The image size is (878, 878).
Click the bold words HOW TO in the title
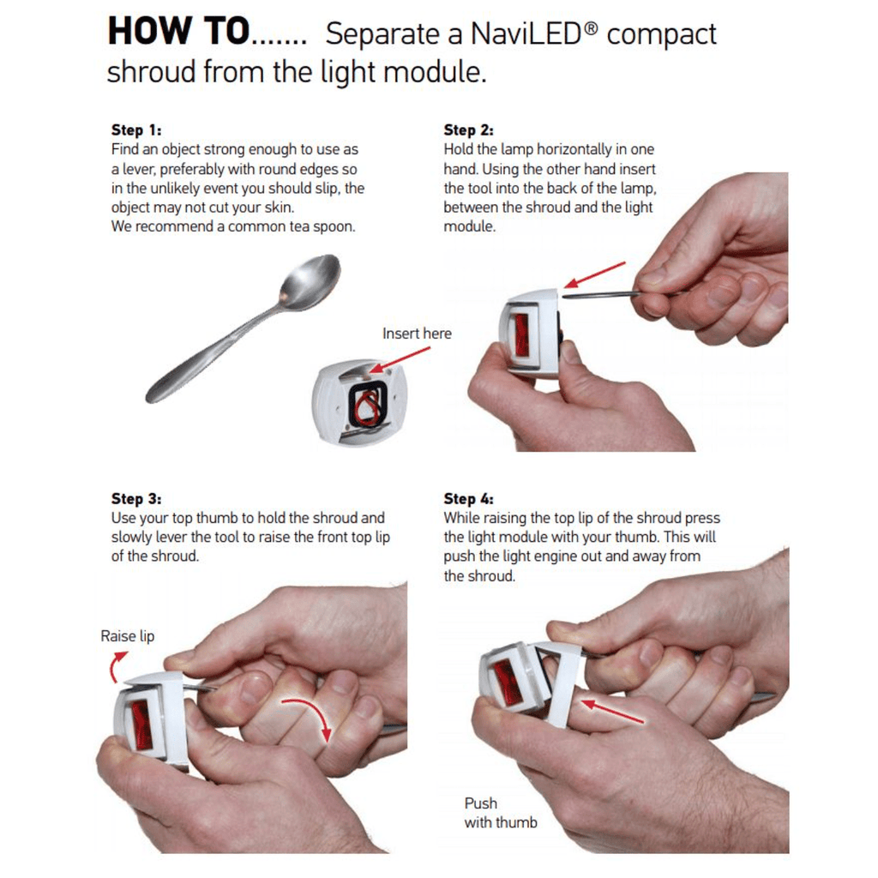[x=178, y=31]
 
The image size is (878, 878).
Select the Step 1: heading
[x=136, y=130]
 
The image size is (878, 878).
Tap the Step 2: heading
[x=469, y=130]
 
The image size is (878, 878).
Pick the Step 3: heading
[x=136, y=499]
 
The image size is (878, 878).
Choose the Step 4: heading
[x=469, y=499]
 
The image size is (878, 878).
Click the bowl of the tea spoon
[x=310, y=280]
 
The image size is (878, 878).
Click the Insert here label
[x=418, y=334]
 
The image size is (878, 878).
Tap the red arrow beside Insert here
[x=400, y=359]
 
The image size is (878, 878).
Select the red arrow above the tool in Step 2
[x=595, y=274]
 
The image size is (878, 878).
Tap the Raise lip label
[x=128, y=636]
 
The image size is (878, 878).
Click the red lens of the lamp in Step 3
[x=141, y=726]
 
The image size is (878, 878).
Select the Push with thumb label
[x=501, y=813]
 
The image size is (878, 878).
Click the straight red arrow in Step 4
[x=612, y=710]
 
